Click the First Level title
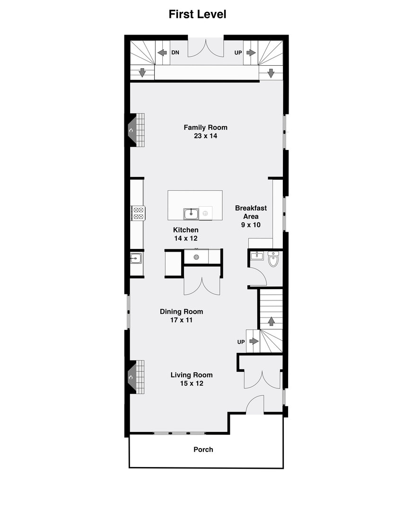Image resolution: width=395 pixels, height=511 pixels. [x=197, y=14]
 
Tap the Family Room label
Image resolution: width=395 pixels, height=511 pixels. [x=205, y=127]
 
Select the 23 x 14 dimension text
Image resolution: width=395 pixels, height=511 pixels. [x=205, y=136]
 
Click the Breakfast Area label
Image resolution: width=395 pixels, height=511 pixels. [x=251, y=212]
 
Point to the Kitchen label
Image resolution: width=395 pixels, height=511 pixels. [x=186, y=230]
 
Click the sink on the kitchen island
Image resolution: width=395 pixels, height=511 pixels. [x=191, y=214]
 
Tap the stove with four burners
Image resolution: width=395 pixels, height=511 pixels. [x=138, y=213]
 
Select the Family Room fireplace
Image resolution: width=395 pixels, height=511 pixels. [x=137, y=130]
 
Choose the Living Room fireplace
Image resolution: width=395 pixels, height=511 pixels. [x=137, y=377]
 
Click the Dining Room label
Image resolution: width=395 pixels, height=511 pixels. [x=181, y=311]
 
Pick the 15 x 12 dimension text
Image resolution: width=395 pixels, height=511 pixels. [x=192, y=383]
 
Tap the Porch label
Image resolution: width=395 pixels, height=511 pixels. [x=203, y=449]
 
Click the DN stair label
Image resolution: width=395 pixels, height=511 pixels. [x=176, y=53]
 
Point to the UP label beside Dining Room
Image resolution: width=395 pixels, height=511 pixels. [x=241, y=342]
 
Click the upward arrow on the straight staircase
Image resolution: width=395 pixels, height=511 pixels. [x=271, y=321]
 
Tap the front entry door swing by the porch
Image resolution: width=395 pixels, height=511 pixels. [x=255, y=405]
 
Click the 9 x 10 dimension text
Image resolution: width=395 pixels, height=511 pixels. [x=251, y=225]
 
